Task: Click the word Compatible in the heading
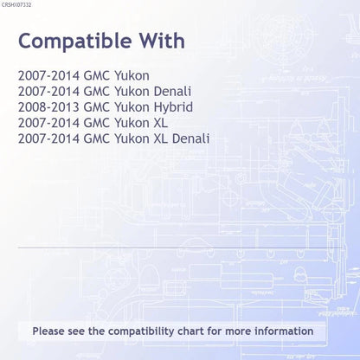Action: [75, 42]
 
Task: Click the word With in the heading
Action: [163, 41]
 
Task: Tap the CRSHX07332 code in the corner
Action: [16, 5]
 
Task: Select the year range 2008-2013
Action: [48, 107]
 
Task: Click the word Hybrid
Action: [173, 108]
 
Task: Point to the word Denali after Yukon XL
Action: [190, 138]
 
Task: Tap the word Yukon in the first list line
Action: [132, 76]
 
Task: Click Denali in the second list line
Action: [172, 92]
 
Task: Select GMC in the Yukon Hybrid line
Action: [97, 107]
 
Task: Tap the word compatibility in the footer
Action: [141, 331]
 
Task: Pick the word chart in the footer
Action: [190, 331]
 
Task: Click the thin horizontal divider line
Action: [180, 247]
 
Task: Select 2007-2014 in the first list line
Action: [48, 76]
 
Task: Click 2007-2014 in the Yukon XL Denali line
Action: [48, 138]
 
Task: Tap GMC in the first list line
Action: [97, 76]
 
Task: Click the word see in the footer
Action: [76, 331]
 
